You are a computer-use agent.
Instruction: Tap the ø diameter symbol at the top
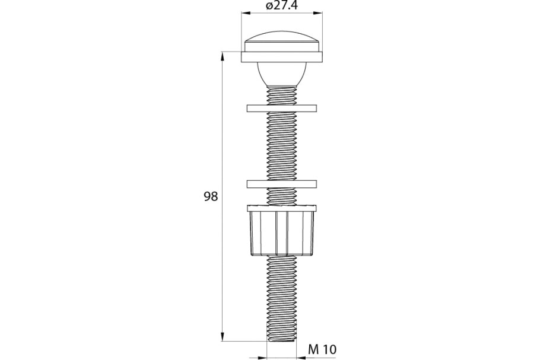pyautogui.click(x=269, y=6)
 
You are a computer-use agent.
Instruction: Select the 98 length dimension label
pyautogui.click(x=211, y=197)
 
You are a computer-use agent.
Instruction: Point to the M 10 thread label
pyautogui.click(x=322, y=350)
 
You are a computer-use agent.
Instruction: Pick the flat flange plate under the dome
pyautogui.click(x=282, y=58)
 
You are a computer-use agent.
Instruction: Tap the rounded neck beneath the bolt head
pyautogui.click(x=282, y=74)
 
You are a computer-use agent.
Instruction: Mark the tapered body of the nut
pyautogui.click(x=282, y=234)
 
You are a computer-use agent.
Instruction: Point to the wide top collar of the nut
pyautogui.click(x=282, y=208)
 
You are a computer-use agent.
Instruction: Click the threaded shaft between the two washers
pyautogui.click(x=282, y=146)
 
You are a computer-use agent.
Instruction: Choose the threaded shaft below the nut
pyautogui.click(x=282, y=297)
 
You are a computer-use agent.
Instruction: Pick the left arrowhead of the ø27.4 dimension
pyautogui.click(x=245, y=12)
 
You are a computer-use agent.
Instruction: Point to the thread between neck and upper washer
pyautogui.click(x=282, y=95)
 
